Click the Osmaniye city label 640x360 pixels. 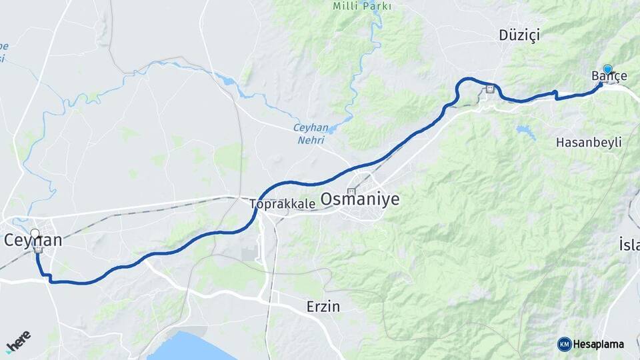(x=360, y=199)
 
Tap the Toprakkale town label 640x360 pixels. (x=283, y=204)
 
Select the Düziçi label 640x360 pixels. (x=519, y=34)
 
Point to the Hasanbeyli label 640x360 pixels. (x=589, y=142)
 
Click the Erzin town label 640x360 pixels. (x=323, y=307)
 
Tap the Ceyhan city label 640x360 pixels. (x=33, y=241)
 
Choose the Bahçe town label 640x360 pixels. (x=609, y=76)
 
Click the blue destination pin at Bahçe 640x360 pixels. (x=607, y=69)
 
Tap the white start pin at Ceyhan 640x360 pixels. (x=35, y=234)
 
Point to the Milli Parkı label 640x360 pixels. (x=362, y=6)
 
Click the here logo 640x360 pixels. (x=18, y=341)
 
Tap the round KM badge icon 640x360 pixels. (x=564, y=344)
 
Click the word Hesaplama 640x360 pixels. (x=598, y=344)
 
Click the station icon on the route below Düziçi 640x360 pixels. (x=491, y=89)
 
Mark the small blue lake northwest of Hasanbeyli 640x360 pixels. (x=526, y=131)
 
